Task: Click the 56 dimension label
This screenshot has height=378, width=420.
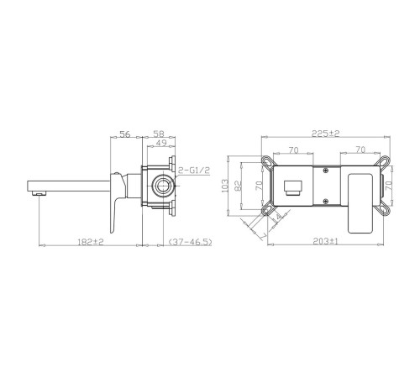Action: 125,134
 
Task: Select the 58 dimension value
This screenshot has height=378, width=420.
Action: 159,134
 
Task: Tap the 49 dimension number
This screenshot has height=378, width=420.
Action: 161,143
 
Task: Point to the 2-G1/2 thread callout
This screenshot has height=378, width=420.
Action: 194,170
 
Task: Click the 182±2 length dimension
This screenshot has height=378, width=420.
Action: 91,241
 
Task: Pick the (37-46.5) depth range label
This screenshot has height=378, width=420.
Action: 190,241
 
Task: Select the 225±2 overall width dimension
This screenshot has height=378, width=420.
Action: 326,134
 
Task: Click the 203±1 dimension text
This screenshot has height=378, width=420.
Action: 325,241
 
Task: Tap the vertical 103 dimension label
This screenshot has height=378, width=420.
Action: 225,186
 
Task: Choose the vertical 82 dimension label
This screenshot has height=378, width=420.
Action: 239,186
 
